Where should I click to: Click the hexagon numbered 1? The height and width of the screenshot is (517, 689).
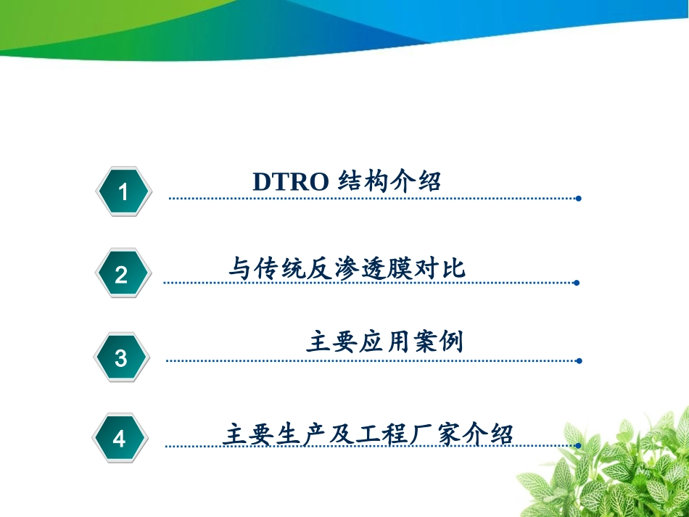pos(123,192)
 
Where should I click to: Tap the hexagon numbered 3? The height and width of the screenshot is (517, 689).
pos(121,357)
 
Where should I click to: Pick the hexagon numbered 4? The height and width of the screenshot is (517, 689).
pos(120,439)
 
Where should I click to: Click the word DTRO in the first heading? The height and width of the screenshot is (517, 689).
pos(291,181)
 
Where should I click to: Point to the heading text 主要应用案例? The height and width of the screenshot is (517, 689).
pos(384,342)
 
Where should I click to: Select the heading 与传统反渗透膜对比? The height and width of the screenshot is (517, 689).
pos(347,269)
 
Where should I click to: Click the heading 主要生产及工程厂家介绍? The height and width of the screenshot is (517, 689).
pos(368,434)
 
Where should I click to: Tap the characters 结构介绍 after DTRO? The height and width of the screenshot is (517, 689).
pos(390,181)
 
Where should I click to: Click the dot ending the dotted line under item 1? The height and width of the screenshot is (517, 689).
pos(578,198)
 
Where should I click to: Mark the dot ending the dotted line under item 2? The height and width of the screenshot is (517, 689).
pos(577,283)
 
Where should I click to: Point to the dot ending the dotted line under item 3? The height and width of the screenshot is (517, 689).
pos(578,360)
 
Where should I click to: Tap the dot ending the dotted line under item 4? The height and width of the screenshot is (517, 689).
pos(578,445)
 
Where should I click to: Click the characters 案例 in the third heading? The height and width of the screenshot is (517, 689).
pos(437,342)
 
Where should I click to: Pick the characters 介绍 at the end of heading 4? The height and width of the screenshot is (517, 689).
pos(499,434)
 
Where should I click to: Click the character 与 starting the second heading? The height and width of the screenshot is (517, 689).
pos(240,269)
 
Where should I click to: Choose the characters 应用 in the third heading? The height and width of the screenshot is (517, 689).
pos(384,342)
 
